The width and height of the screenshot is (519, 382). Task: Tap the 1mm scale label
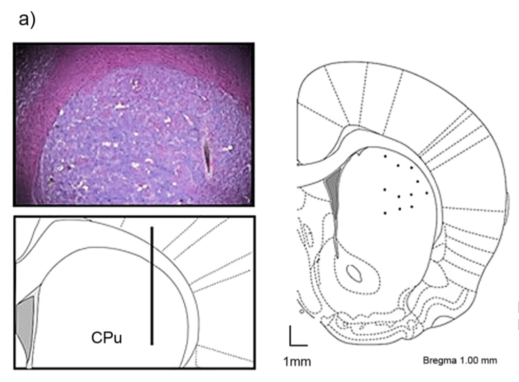pos(297,362)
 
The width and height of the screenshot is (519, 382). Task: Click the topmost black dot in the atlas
pos(384,155)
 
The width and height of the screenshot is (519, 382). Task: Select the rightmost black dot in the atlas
pos(426,193)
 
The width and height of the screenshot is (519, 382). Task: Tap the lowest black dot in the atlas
pos(385,213)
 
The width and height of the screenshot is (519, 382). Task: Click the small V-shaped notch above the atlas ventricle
pos(362,151)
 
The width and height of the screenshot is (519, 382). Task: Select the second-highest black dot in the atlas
pos(398,165)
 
